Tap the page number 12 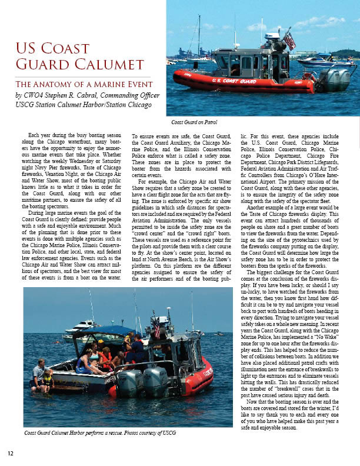point(11,453)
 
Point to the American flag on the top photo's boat point(289,39)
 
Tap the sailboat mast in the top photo point(199,35)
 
